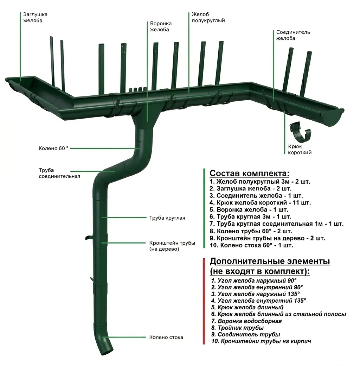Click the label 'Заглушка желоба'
tap(35, 18)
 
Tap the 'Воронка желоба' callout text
tap(161, 27)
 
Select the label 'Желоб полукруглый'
tap(208, 18)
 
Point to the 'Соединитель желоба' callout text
tap(293, 35)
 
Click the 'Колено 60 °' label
tap(54, 148)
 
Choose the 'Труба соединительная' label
tap(59, 173)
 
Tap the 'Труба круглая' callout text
tap(167, 218)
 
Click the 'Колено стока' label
tap(166, 337)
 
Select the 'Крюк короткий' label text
tap(300, 149)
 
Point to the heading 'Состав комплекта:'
tap(250, 173)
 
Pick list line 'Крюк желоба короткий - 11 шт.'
tap(260, 203)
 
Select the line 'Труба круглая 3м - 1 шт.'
tap(250, 217)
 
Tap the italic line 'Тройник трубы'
tap(237, 328)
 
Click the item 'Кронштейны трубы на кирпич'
tap(261, 341)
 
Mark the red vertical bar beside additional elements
tap(204, 301)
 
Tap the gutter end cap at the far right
tap(333, 118)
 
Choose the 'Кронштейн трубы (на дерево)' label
tap(172, 246)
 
